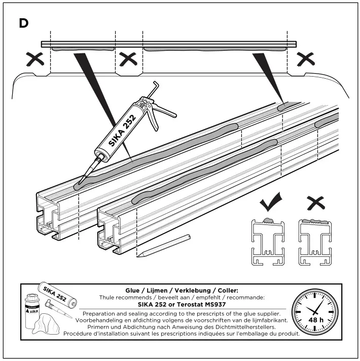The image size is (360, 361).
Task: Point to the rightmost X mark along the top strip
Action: click(x=306, y=60)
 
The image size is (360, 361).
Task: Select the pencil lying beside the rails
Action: click(x=163, y=245)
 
